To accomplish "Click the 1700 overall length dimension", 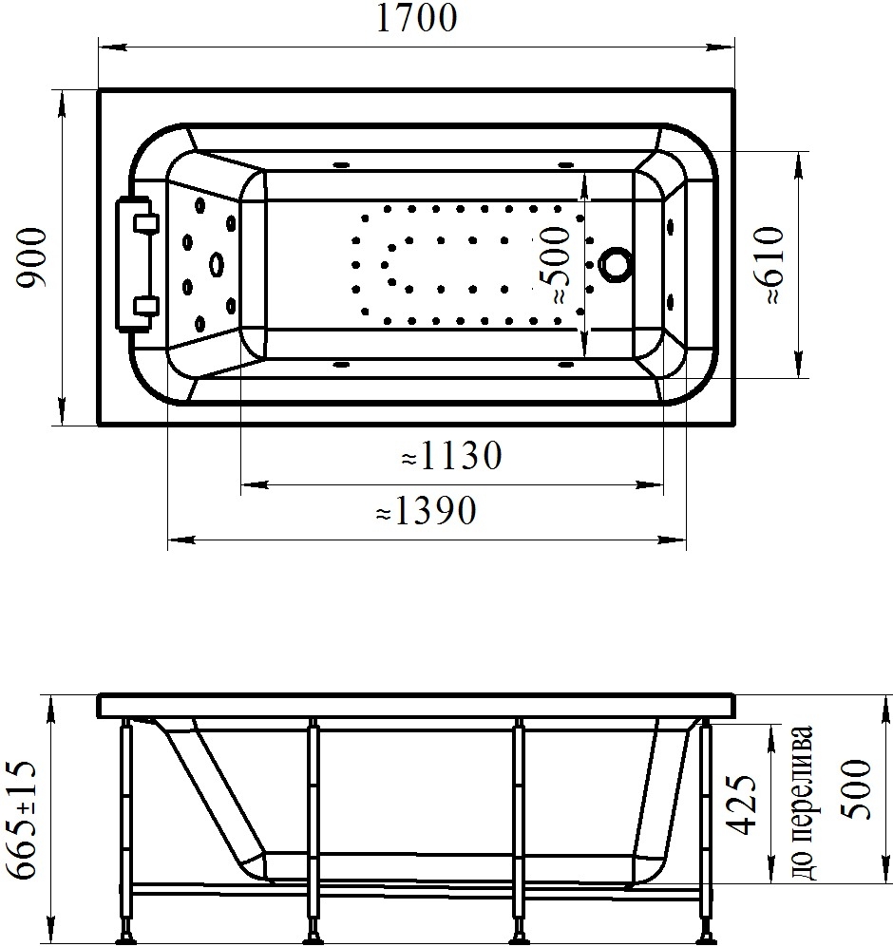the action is click(416, 18).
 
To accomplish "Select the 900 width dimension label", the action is click(31, 258).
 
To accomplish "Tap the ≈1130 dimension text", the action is click(451, 455).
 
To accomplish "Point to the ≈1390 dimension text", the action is click(426, 511).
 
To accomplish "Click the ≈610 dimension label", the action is click(768, 264).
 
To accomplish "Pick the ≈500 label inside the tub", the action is click(555, 264).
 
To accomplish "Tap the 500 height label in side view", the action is click(856, 789).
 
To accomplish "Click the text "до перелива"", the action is click(803, 804).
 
